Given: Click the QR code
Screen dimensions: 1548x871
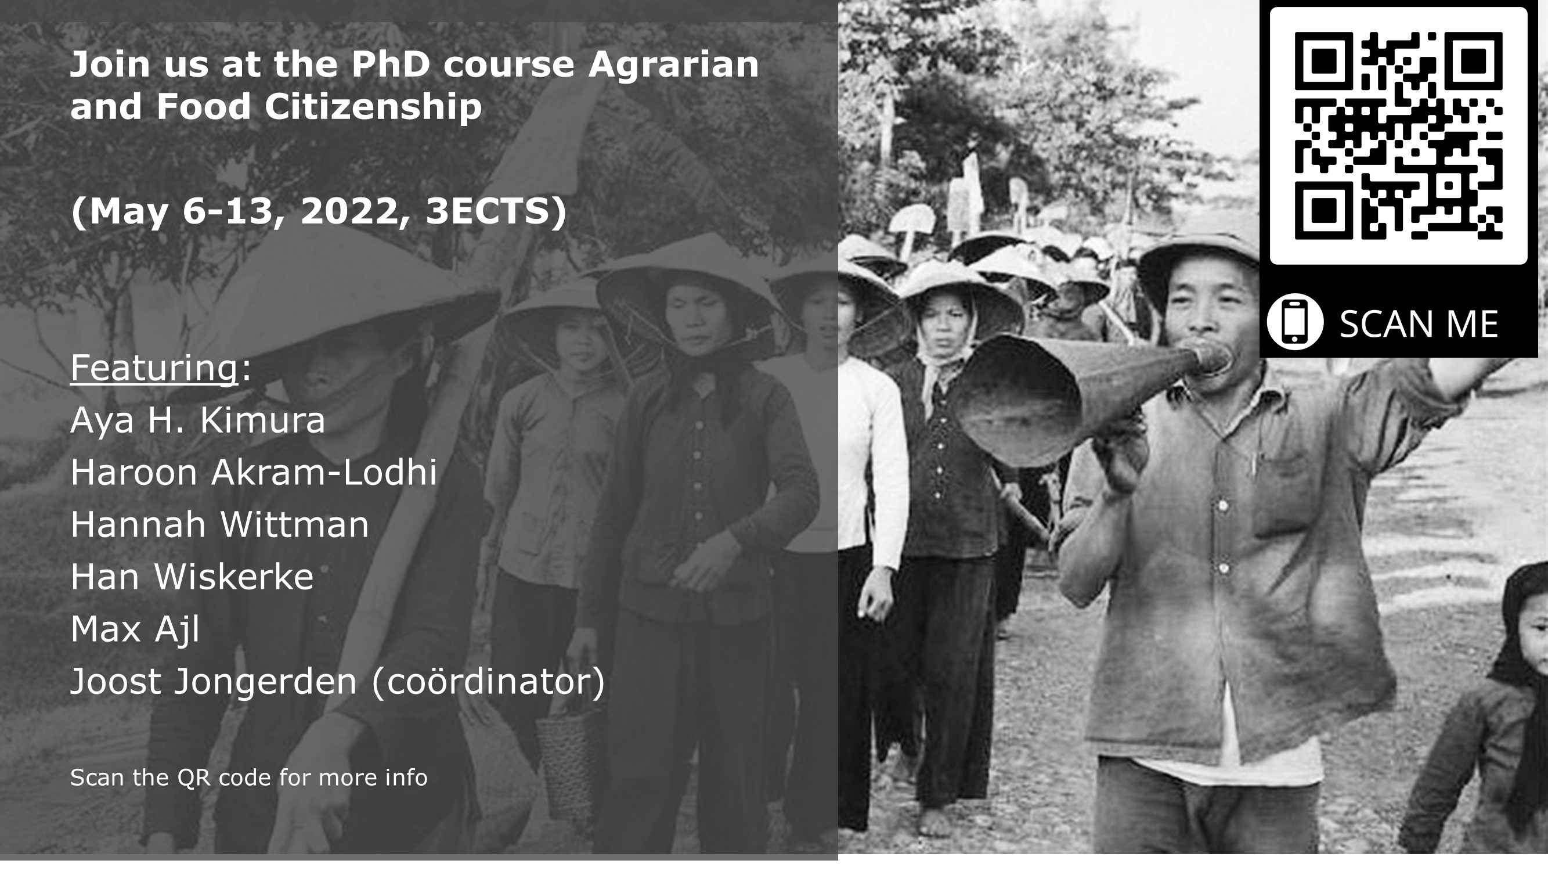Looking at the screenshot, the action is tap(1398, 136).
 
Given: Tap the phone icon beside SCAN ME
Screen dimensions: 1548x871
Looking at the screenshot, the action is tap(1295, 322).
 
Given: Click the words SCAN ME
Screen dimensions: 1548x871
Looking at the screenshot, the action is tap(1419, 325).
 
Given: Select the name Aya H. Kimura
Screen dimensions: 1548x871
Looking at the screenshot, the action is tap(198, 421).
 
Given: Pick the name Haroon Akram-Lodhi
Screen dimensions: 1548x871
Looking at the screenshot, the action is tap(254, 472).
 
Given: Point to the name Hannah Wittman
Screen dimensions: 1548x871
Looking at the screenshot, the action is tap(220, 524).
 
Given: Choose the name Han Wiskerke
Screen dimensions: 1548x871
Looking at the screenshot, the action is tap(192, 577).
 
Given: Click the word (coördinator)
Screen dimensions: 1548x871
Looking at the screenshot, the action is tap(489, 682).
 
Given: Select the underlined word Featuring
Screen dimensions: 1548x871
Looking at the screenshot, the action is tap(154, 368).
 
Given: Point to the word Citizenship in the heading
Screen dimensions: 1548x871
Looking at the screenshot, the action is tap(373, 107).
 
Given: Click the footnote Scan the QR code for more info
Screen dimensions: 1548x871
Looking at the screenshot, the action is tap(249, 778).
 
